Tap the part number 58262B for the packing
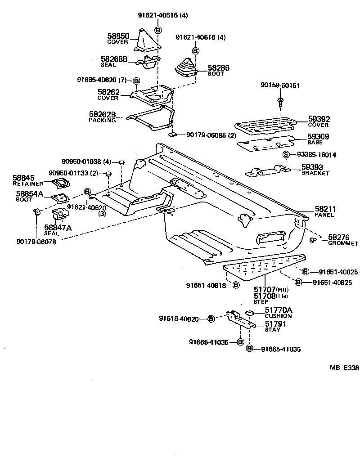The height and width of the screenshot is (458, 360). pos(102,114)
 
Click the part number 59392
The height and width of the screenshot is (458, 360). pos(319,119)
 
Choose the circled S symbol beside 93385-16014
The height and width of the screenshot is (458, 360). pos(285,155)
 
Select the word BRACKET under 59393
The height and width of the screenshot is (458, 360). pos(315,173)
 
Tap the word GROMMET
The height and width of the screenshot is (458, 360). pos(343,243)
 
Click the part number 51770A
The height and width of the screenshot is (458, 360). pos(278,310)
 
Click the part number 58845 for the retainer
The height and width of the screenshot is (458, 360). pos(23,179)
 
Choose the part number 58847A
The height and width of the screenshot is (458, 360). pos(58,228)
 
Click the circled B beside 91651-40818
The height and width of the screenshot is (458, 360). pos(236,285)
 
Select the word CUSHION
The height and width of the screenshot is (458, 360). pos(278,316)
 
